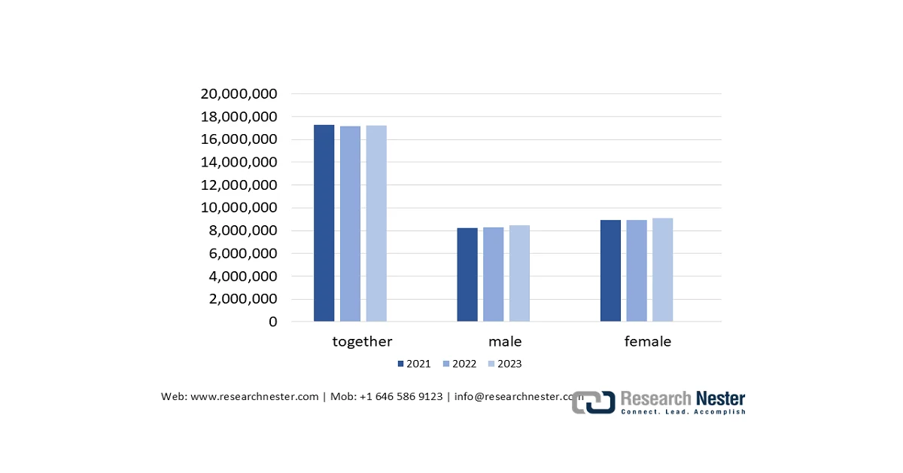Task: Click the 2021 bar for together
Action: [324, 223]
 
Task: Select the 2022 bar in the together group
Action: [350, 224]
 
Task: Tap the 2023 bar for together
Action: [376, 224]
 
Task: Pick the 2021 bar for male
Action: [467, 274]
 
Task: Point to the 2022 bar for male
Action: [493, 274]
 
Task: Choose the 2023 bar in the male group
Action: [519, 273]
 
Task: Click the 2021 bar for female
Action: [610, 270]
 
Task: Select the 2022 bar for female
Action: [637, 270]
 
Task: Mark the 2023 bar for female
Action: [662, 270]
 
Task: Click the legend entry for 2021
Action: [415, 364]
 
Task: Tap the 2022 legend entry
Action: [460, 364]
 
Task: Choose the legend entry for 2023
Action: [505, 364]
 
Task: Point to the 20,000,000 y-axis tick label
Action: [239, 94]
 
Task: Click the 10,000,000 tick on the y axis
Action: [239, 208]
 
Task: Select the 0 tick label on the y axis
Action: [272, 322]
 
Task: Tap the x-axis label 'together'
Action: [362, 341]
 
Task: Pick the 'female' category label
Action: [648, 341]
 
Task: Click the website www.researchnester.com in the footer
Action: [255, 397]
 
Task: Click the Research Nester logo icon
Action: [594, 402]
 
